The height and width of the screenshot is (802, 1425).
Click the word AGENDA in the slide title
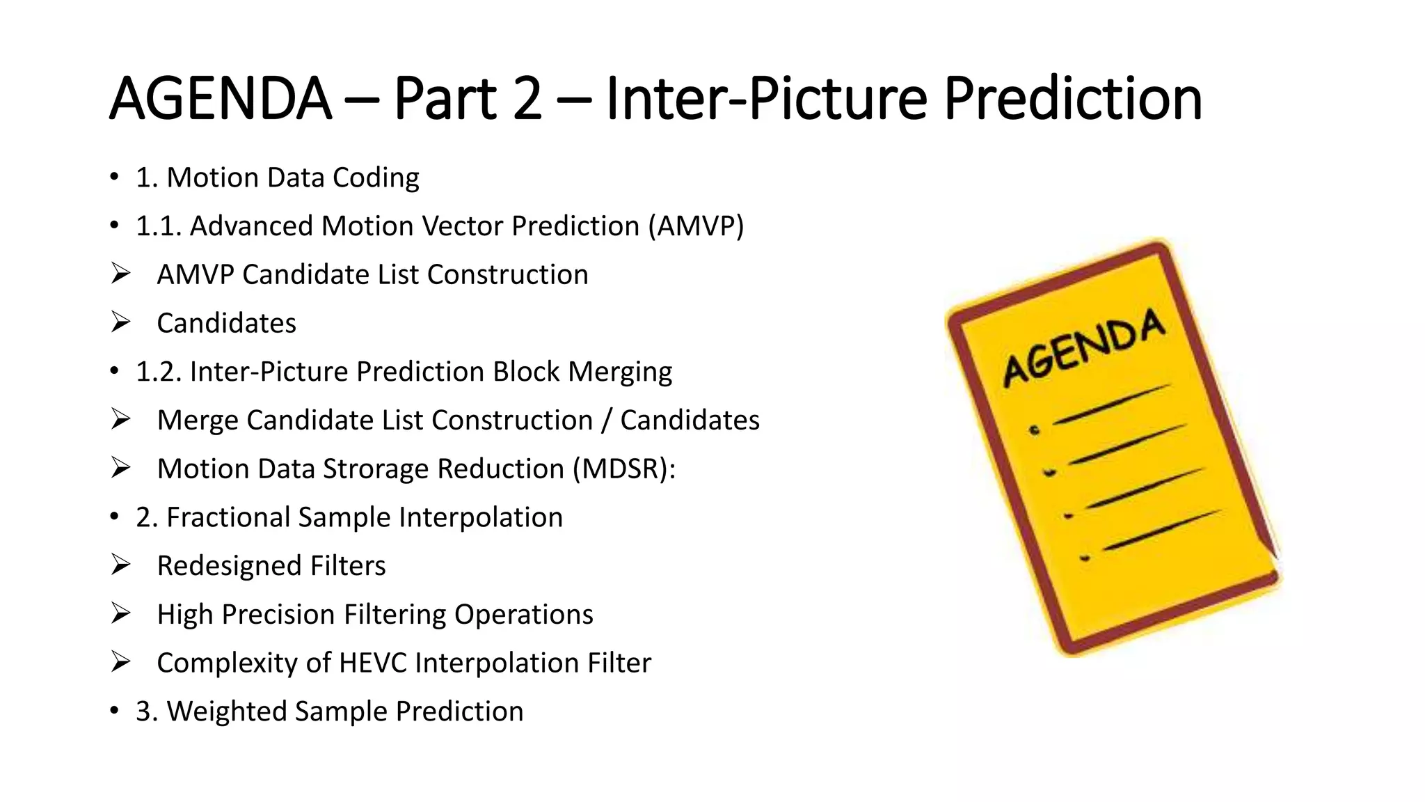click(220, 99)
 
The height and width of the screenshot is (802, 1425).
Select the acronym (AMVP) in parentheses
click(696, 226)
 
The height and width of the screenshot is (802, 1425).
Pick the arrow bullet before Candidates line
click(121, 322)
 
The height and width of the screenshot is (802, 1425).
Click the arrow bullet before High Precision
click(121, 613)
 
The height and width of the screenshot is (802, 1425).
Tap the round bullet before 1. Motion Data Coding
click(114, 177)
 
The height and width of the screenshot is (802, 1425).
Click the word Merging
click(619, 372)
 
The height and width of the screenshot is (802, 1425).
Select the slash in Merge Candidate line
click(607, 420)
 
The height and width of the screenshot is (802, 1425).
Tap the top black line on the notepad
click(1111, 404)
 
